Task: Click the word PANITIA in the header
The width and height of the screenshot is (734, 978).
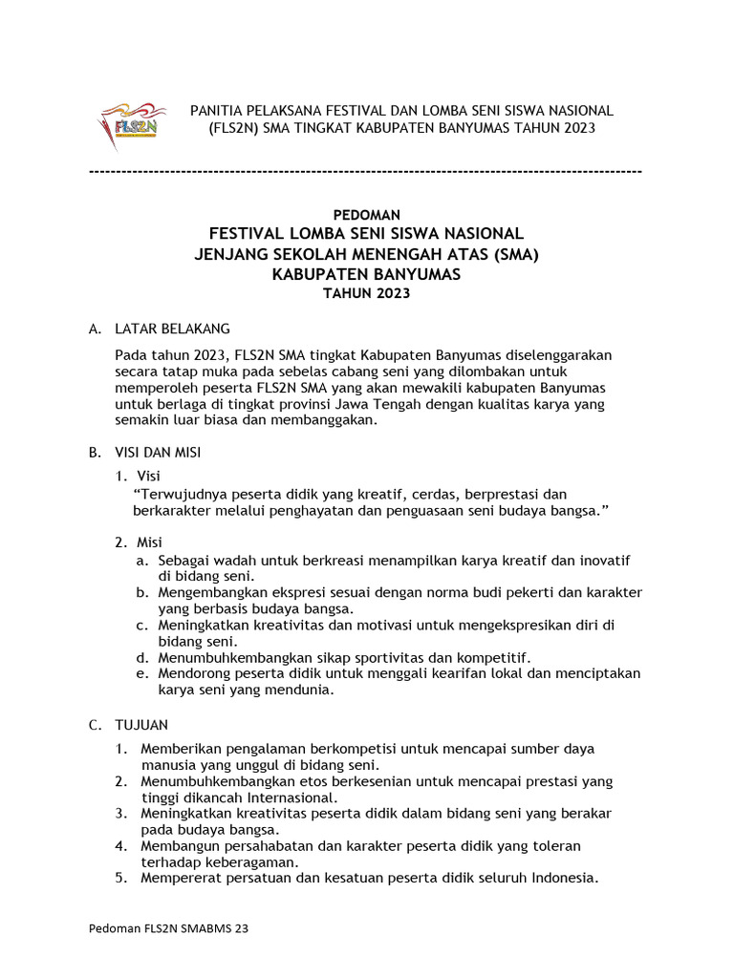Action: point(218,111)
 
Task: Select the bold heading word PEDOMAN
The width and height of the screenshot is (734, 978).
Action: point(367,215)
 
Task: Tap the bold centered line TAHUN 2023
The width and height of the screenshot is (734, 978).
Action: point(367,293)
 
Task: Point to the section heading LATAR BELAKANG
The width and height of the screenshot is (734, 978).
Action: point(172,329)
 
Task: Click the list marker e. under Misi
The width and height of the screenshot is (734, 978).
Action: point(141,673)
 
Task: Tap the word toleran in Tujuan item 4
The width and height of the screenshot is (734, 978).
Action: point(556,845)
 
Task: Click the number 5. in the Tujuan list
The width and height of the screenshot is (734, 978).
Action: point(121,879)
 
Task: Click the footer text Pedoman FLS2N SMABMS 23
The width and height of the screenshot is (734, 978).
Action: point(168,928)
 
